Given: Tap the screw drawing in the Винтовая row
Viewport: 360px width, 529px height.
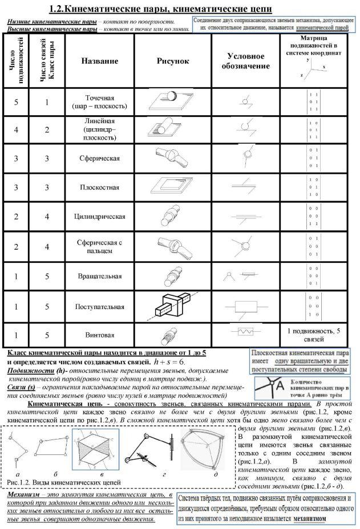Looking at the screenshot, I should point(169,334).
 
